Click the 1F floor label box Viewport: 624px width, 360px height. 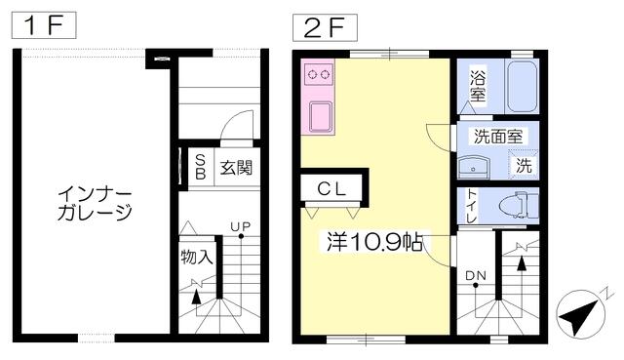click(44, 25)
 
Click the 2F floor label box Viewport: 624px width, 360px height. click(325, 28)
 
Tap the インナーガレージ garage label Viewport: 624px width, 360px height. click(95, 204)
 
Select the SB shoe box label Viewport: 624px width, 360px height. click(201, 167)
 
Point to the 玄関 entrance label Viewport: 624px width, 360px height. click(236, 168)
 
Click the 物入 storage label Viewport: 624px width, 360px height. click(197, 258)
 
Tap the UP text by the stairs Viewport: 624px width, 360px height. click(241, 227)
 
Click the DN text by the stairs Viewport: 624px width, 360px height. click(476, 275)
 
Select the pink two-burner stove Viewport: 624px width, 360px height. click(318, 74)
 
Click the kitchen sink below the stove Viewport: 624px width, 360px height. click(321, 116)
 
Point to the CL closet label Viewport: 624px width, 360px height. click(331, 189)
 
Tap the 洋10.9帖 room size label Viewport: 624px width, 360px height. click(374, 241)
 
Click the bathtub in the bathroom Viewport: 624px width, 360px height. click(523, 87)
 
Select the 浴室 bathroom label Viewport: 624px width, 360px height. click(478, 86)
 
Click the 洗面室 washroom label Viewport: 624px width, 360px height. click(498, 137)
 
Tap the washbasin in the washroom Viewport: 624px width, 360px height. click(474, 167)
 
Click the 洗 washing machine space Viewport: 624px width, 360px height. click(524, 165)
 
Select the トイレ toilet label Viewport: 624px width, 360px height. click(472, 206)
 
